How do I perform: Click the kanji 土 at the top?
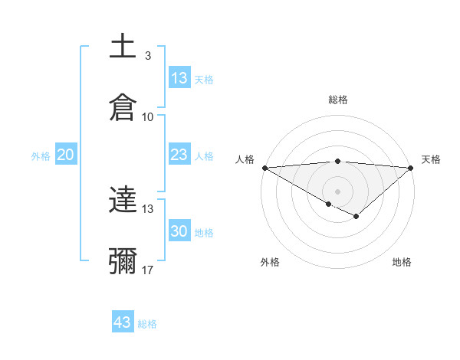click(123, 47)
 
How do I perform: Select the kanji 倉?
click(123, 108)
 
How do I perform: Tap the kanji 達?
click(123, 201)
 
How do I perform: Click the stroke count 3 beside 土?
click(147, 55)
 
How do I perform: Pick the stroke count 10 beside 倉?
click(147, 116)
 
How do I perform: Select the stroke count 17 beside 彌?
click(147, 270)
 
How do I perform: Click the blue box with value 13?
click(179, 78)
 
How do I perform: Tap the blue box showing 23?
click(179, 155)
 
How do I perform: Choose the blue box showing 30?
click(179, 231)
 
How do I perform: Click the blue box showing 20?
click(66, 155)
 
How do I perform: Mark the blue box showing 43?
click(123, 322)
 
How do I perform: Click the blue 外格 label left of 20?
click(41, 155)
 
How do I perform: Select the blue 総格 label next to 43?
click(147, 324)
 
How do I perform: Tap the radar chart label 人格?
click(244, 159)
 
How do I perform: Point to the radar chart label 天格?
click(432, 159)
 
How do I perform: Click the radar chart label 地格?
click(402, 262)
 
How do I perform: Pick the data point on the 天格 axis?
click(411, 168)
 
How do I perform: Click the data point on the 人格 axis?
click(264, 168)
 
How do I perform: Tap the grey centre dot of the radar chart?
click(337, 191)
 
